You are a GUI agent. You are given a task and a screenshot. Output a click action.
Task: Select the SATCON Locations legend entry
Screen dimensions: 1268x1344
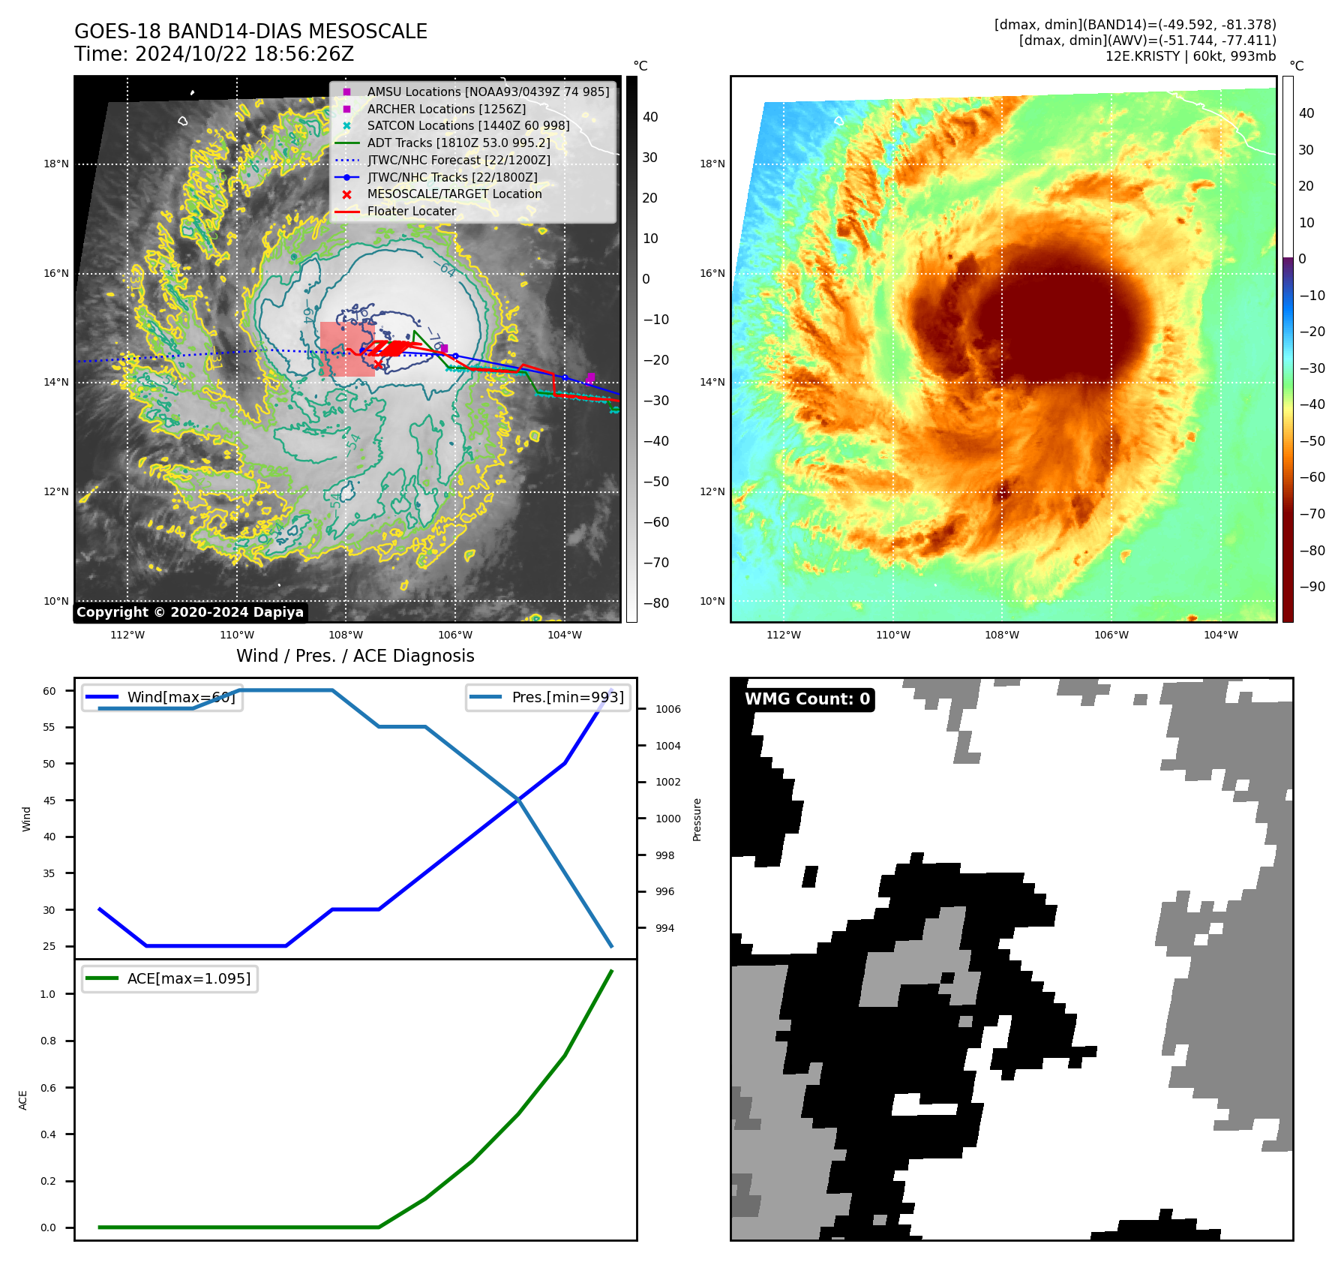coord(468,125)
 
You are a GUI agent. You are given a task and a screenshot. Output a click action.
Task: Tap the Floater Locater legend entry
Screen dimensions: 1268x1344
coord(411,211)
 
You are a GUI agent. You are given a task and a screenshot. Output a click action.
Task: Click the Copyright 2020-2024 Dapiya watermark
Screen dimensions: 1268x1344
coord(190,612)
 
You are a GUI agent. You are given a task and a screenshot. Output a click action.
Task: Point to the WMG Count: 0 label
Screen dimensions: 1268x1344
coord(807,699)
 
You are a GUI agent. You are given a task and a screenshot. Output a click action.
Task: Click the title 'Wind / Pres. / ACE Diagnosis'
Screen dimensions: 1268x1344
coord(355,656)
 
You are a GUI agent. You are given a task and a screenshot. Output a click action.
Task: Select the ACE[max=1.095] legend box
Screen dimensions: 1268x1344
coord(170,978)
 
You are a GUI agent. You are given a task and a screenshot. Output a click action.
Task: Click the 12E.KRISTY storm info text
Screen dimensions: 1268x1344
coord(1190,56)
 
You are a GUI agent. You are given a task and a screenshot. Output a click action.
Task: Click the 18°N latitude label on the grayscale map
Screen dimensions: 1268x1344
coord(56,164)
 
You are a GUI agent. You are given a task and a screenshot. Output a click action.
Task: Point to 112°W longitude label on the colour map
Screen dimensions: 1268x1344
coord(784,635)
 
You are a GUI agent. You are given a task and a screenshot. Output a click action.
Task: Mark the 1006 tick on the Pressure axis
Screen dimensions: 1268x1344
coord(667,709)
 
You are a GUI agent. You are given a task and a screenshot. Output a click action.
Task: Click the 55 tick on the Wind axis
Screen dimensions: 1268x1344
coord(49,727)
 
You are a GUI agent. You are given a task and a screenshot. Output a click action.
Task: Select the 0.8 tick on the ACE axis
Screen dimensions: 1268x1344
coord(48,1041)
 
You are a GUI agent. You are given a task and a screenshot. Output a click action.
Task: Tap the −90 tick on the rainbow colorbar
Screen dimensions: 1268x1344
coord(1312,587)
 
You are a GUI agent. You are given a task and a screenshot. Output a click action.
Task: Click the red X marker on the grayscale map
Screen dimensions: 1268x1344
coord(378,365)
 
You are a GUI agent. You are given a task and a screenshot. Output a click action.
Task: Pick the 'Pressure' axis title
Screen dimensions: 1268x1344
coord(697,819)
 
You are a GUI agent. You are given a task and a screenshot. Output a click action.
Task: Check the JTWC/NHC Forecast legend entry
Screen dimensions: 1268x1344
coord(458,160)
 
